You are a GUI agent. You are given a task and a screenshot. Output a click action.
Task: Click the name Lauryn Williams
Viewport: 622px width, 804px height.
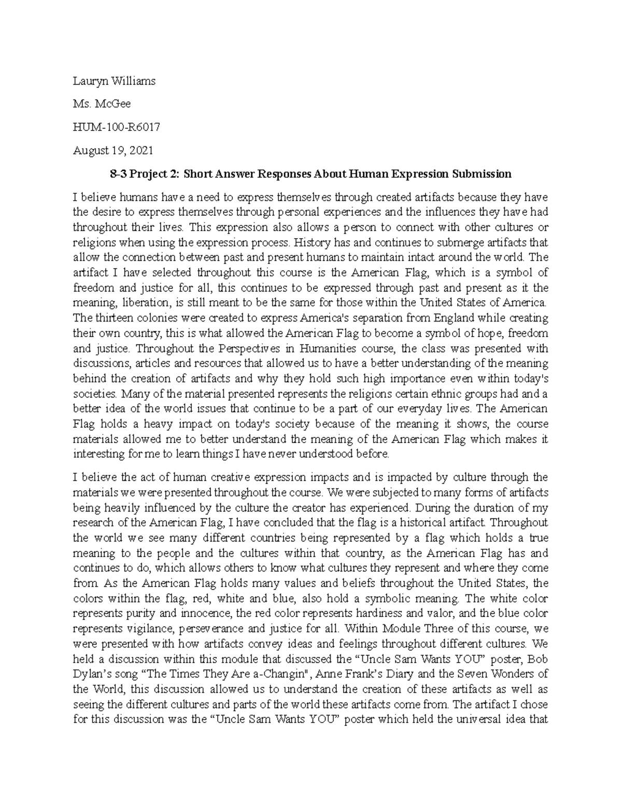(114, 81)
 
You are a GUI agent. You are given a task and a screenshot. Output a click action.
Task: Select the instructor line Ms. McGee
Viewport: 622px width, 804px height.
(102, 104)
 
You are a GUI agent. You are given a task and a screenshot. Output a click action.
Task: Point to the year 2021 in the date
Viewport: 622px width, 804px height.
(142, 150)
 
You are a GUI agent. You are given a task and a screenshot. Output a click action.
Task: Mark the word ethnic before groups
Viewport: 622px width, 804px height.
(452, 393)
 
